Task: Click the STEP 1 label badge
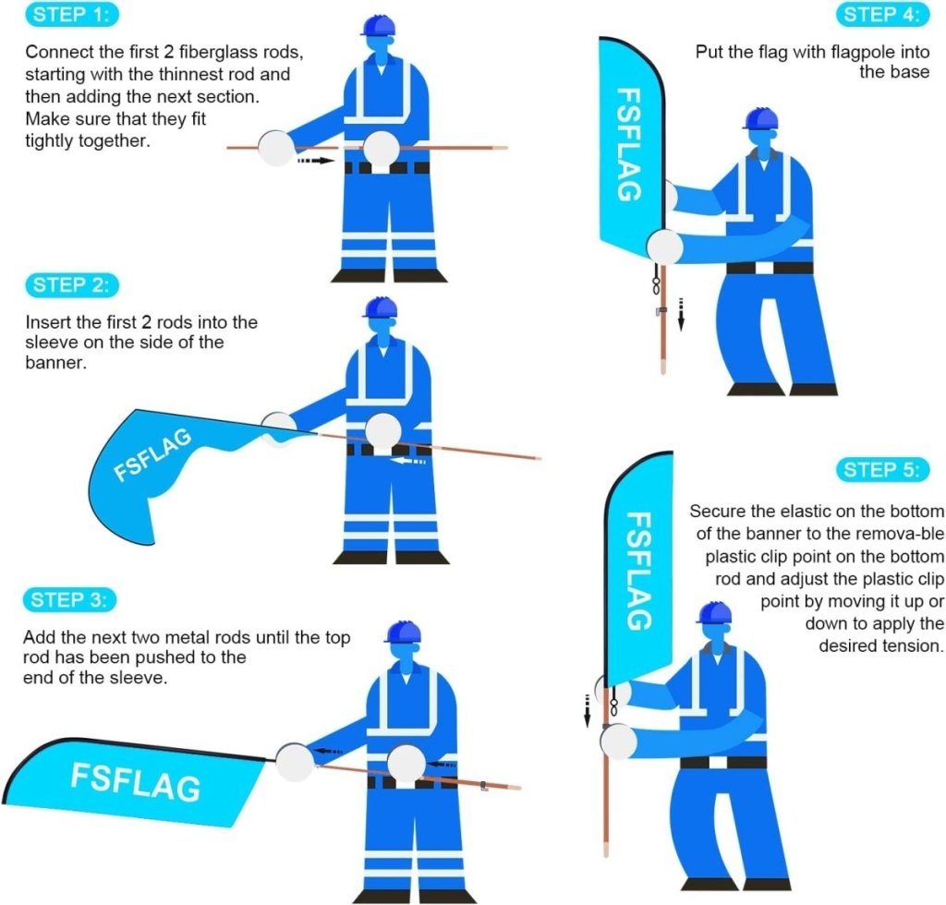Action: tap(73, 15)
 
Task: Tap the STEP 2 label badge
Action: tap(73, 285)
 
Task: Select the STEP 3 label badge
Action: tap(70, 600)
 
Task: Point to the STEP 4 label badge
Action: tap(881, 15)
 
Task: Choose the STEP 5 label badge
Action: tap(881, 470)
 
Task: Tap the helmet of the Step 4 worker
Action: tap(760, 118)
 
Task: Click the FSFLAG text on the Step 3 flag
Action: tap(135, 781)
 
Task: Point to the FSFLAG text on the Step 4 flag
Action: tap(628, 144)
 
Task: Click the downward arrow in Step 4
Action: tap(680, 313)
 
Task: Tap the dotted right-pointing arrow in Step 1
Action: tap(314, 161)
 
